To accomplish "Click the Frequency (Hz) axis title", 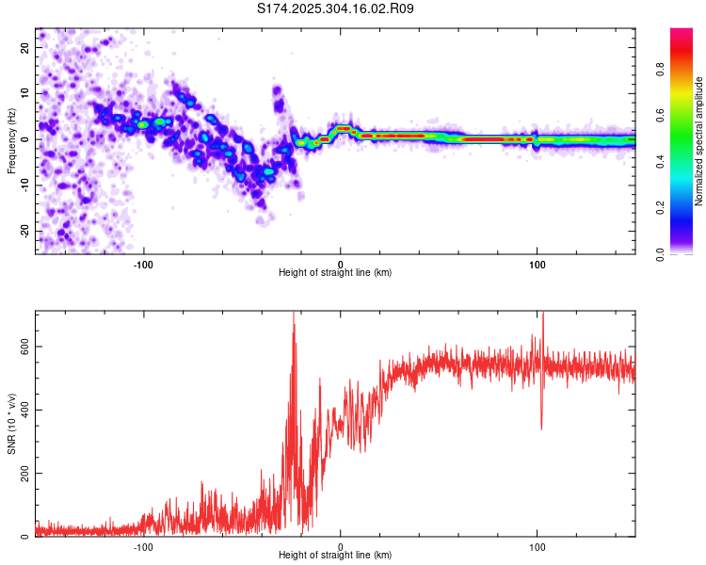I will pyautogui.click(x=11, y=140).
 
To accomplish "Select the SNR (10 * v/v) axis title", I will pyautogui.click(x=11, y=424).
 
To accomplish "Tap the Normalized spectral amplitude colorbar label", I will pyautogui.click(x=699, y=141).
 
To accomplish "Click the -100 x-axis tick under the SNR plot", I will pyautogui.click(x=143, y=547).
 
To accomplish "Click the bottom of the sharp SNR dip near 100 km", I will pyautogui.click(x=541, y=428).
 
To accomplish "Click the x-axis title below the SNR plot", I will pyautogui.click(x=336, y=556).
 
